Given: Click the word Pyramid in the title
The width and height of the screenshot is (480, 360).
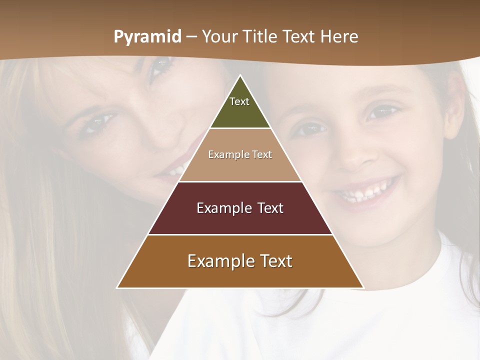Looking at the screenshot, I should point(147,37).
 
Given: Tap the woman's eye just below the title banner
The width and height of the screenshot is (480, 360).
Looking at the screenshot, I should point(161,65).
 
